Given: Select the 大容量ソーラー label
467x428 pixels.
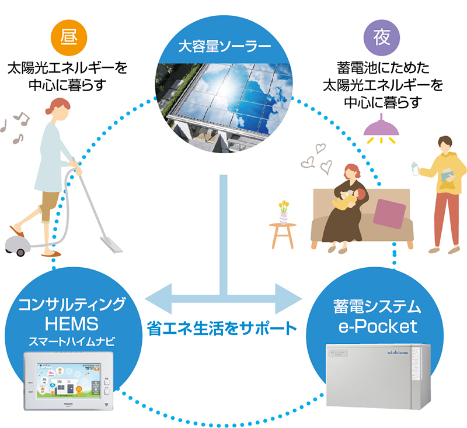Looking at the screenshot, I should click(x=225, y=46).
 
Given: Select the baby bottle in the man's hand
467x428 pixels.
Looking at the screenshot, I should click(x=415, y=167).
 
